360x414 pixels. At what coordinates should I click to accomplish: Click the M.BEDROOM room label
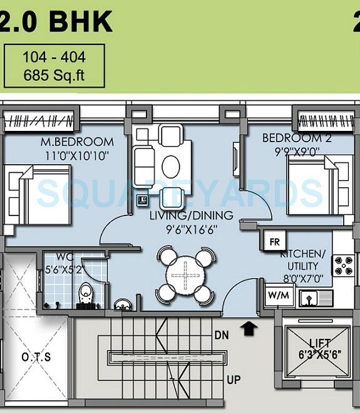coord(77,142)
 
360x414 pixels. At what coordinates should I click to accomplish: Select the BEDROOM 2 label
coord(292,138)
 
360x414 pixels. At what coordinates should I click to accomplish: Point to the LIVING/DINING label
coord(191,215)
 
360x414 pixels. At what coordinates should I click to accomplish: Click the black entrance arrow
coord(249,327)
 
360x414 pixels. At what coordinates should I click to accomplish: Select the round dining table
coord(185,274)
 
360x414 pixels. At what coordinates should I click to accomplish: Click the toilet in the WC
coord(85,296)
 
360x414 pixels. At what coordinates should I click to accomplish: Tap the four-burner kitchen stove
coord(344,266)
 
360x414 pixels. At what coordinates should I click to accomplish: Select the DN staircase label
coord(221,335)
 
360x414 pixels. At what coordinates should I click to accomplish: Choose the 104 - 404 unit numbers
coord(54,58)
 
